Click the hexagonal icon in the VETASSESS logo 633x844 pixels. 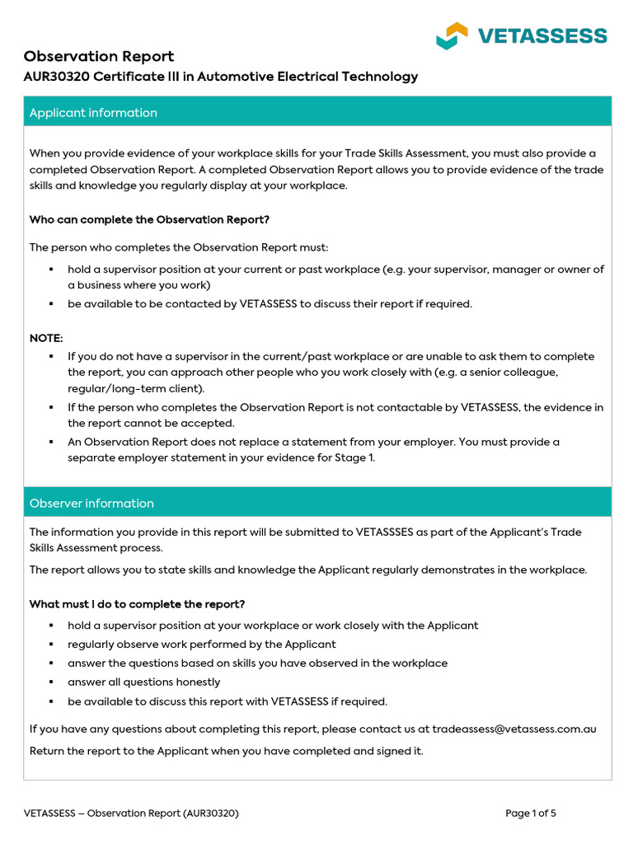[x=452, y=35]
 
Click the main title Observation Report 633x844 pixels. [x=98, y=56]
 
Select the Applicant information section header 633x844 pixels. [x=93, y=113]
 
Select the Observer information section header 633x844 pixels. [x=91, y=504]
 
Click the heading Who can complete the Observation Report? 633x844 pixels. [x=149, y=219]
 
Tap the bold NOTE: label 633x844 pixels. [x=46, y=338]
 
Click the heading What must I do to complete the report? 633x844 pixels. [x=137, y=604]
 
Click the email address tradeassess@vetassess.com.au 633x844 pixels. [x=514, y=729]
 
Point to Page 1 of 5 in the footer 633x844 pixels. [x=530, y=814]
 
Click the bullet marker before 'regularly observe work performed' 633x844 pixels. [x=50, y=645]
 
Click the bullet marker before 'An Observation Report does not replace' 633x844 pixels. [x=50, y=442]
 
